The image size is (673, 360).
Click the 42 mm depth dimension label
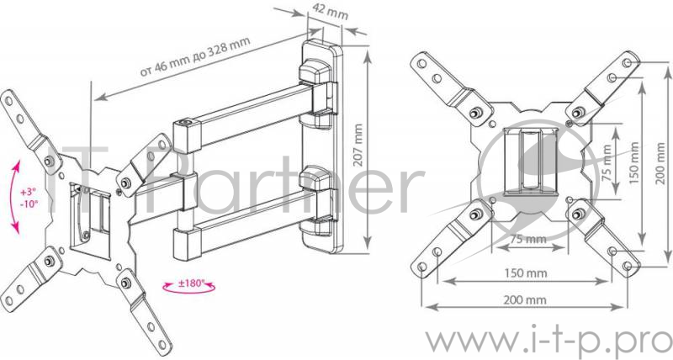330,12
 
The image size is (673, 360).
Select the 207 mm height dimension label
359,146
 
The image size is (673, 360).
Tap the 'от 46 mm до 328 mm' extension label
195,57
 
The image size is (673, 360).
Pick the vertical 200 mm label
661,163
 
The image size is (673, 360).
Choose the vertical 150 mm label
635,163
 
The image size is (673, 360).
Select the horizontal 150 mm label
526,273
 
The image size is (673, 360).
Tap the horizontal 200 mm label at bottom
525,300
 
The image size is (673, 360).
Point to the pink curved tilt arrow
14,199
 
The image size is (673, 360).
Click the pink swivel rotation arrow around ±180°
188,290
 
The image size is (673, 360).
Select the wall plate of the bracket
323,146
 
